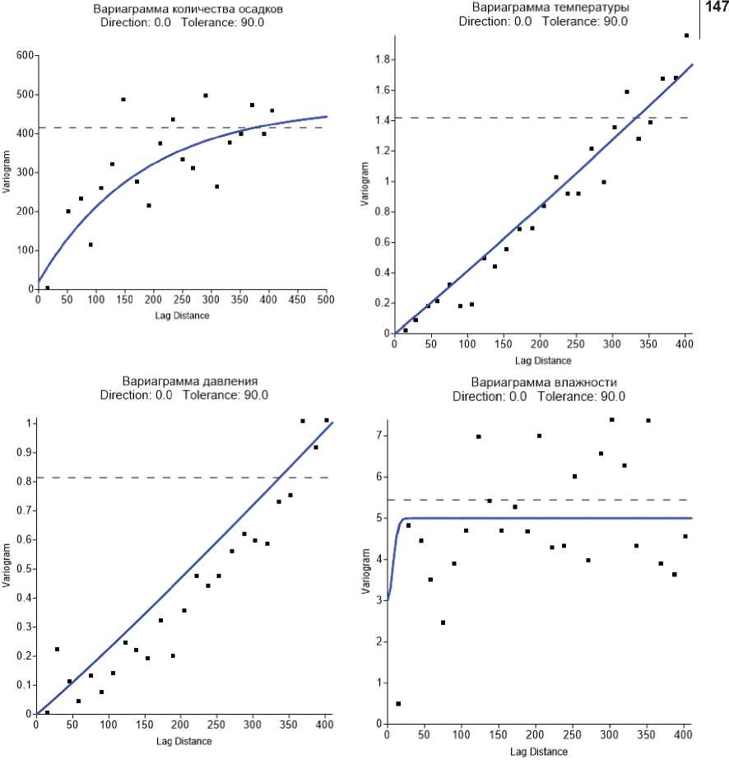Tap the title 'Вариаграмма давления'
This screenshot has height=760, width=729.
[x=190, y=382]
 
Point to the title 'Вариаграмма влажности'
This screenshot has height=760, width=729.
[x=544, y=382]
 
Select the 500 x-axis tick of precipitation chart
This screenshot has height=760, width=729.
[x=327, y=302]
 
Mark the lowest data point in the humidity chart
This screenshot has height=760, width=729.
[x=398, y=704]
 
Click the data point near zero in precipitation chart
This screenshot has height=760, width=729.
[x=47, y=288]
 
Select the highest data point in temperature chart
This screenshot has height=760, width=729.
[x=686, y=35]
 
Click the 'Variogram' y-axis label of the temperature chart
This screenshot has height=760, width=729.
[x=364, y=184]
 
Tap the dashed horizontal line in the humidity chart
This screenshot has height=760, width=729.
[x=543, y=500]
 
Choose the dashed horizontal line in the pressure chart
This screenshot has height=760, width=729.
[x=181, y=478]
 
